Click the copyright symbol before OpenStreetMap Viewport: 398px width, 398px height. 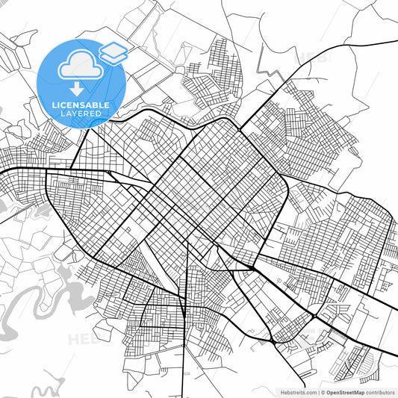pyautogui.click(x=323, y=391)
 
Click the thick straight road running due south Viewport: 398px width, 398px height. pyautogui.click(x=183, y=358)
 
